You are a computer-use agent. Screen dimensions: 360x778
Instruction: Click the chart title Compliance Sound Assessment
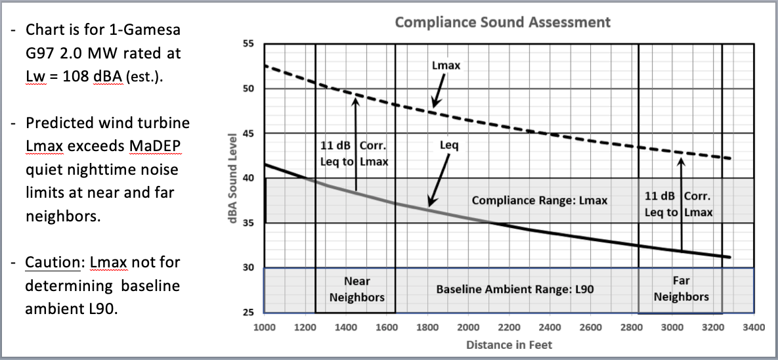502,22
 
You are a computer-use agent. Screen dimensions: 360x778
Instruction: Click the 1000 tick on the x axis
265,326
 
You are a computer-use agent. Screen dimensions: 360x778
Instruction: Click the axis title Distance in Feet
509,344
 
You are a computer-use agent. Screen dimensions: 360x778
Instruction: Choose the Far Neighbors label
681,289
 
